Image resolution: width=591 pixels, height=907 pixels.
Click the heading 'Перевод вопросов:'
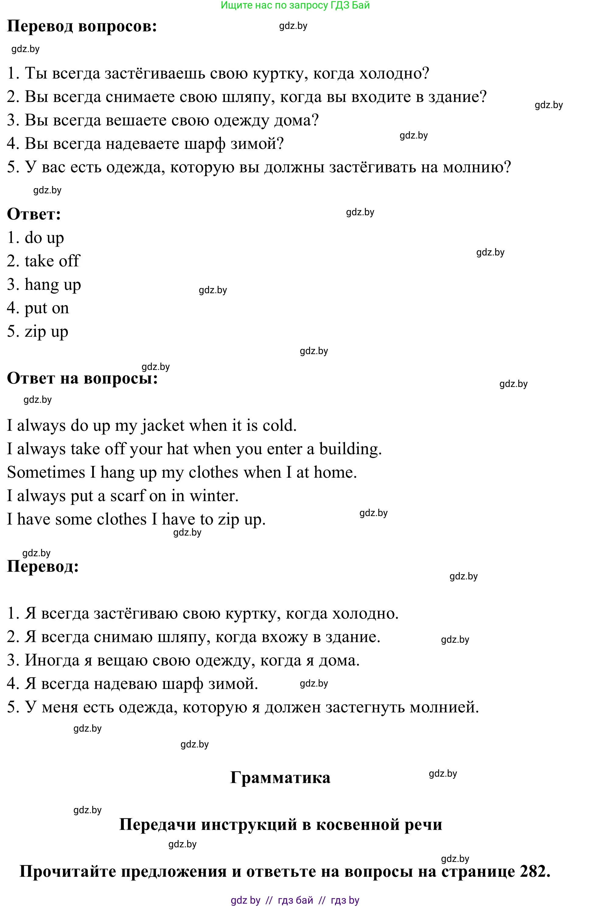82,27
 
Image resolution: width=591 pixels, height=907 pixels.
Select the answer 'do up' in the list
44,238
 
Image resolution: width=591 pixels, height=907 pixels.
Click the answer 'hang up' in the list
53,285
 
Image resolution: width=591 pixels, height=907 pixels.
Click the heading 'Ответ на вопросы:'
82,378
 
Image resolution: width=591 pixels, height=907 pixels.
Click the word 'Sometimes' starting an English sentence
46,473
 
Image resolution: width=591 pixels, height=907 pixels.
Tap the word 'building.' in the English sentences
350,449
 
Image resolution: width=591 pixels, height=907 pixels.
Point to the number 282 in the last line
532,871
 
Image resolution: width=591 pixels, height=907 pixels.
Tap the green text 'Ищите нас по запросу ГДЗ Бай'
295,5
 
